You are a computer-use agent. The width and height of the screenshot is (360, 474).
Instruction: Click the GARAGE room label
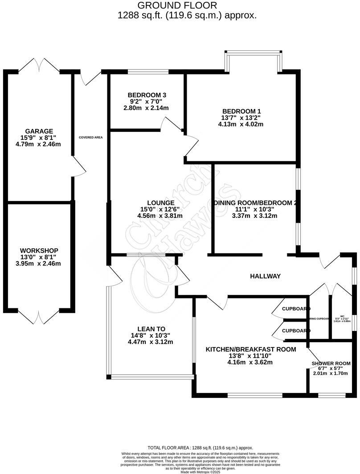[x=39, y=131]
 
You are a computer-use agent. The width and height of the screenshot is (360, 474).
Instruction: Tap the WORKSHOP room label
[x=39, y=250]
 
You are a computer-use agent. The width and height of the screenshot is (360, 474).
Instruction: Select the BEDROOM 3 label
[x=147, y=95]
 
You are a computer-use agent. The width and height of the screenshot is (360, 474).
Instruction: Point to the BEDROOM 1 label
[x=241, y=111]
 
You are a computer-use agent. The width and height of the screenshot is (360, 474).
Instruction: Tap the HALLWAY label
[x=265, y=276]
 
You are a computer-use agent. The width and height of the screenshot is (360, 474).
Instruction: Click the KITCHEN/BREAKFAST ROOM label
[x=250, y=349]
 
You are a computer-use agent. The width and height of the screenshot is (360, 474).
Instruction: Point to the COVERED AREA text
[x=91, y=138]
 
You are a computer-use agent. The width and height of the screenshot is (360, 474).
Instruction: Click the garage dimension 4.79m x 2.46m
[x=39, y=144]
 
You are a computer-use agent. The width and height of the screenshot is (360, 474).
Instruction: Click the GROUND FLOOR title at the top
[x=177, y=5]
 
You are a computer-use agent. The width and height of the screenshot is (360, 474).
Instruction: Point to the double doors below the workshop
[x=40, y=318]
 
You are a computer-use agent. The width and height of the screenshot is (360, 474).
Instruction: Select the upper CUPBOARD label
[x=296, y=309]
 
